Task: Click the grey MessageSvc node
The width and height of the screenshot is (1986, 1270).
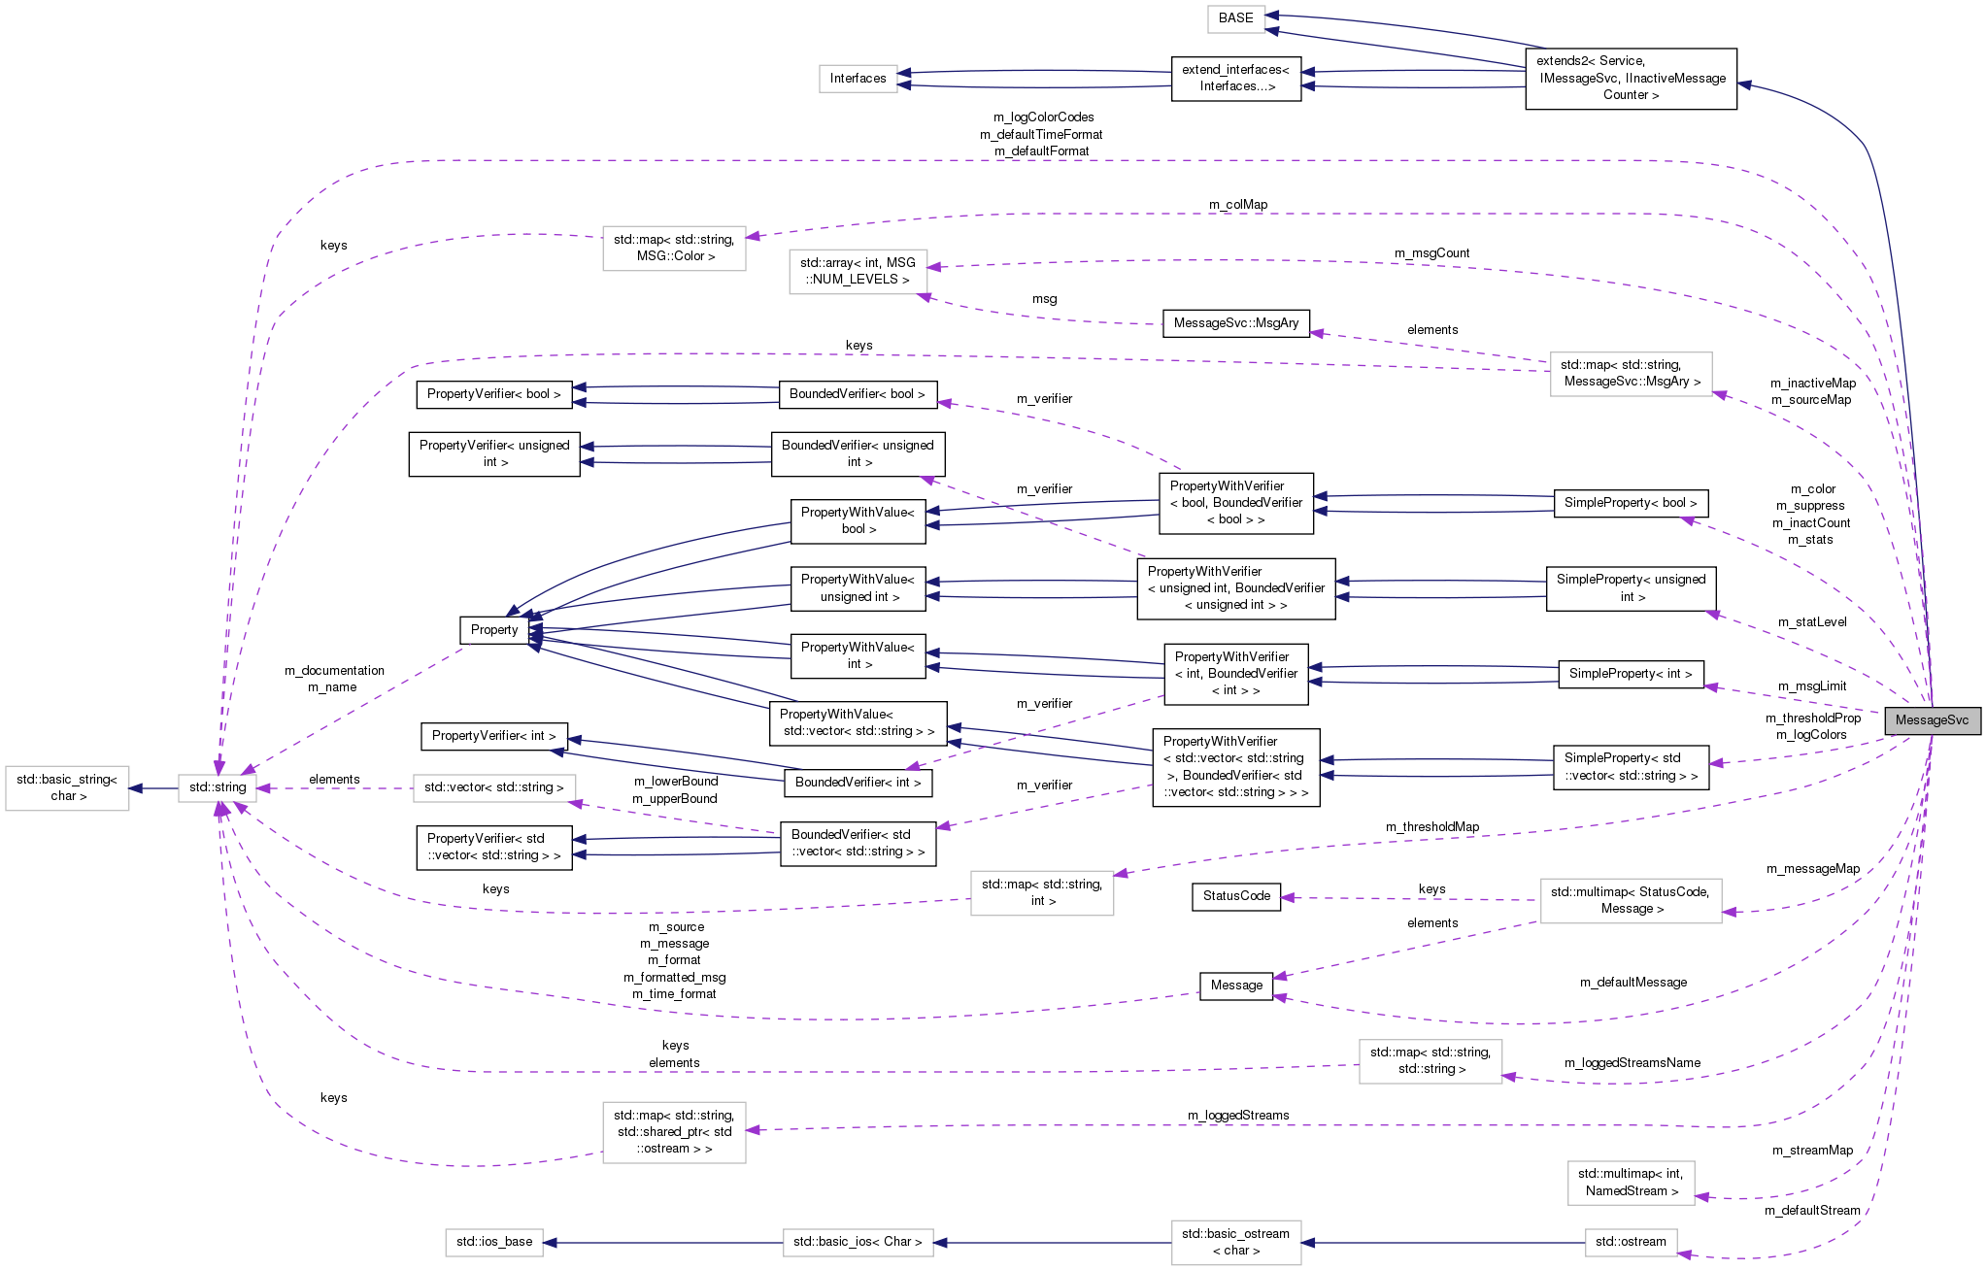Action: click(x=1931, y=720)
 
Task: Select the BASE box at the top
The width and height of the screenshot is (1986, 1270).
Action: click(x=1235, y=18)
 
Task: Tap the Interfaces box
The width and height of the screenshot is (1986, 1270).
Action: click(x=858, y=79)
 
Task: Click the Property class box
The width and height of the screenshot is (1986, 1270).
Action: click(x=494, y=630)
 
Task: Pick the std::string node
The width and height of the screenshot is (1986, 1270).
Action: click(x=218, y=787)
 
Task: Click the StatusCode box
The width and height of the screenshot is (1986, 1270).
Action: click(x=1235, y=896)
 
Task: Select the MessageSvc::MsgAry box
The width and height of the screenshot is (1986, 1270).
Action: click(x=1235, y=323)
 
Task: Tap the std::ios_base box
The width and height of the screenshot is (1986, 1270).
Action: click(x=494, y=1242)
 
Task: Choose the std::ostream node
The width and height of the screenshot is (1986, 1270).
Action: click(x=1630, y=1242)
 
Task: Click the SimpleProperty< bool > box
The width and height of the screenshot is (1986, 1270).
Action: click(x=1630, y=503)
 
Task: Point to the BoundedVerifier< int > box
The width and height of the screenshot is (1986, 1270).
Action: click(x=858, y=783)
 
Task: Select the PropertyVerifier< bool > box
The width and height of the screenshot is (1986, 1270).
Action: click(x=493, y=394)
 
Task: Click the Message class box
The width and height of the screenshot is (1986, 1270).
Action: click(x=1235, y=986)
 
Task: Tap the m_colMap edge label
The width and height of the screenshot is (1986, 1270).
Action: click(x=1237, y=205)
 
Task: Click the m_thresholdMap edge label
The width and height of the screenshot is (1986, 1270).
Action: click(x=1431, y=827)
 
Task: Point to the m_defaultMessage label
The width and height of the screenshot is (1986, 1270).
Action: click(x=1633, y=983)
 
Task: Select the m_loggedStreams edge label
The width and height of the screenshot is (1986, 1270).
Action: click(x=1237, y=1116)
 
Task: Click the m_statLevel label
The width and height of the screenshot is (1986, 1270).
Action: click(x=1811, y=622)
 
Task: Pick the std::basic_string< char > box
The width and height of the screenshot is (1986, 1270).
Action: click(x=67, y=787)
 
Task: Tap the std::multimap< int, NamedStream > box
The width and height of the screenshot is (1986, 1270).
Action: click(x=1630, y=1183)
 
